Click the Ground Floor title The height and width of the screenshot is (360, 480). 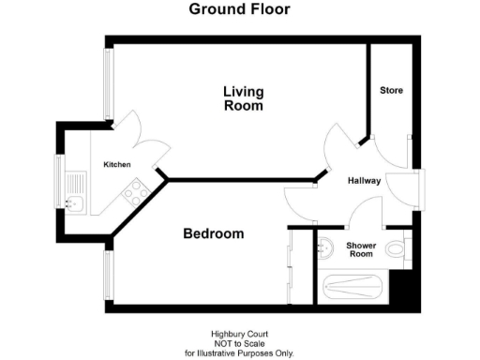point(239,9)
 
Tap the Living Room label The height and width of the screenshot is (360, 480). point(243,98)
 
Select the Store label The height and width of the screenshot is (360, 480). point(391,91)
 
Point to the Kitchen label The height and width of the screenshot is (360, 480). point(117,165)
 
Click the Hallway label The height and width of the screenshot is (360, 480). point(364,181)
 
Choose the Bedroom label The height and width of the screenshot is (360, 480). point(213,234)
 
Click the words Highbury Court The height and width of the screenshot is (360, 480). point(239,334)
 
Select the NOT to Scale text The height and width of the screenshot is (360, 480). point(239,343)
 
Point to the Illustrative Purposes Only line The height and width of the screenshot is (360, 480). point(239,352)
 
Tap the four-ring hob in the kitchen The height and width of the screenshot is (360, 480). point(134,192)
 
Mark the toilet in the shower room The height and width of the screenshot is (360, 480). point(395,249)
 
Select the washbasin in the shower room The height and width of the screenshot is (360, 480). point(324,247)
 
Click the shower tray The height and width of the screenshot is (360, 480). point(353,288)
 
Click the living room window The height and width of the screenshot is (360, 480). point(110,83)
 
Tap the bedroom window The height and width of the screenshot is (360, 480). point(110,276)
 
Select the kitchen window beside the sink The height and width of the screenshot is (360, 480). point(59,183)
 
